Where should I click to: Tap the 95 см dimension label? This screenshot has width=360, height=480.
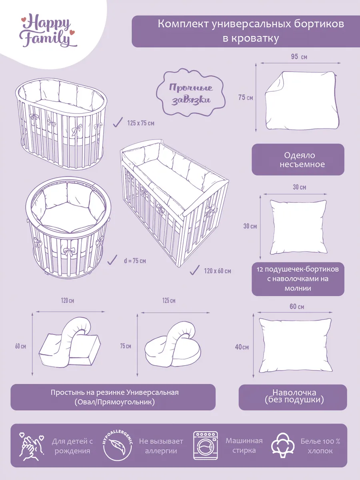pos(299,57)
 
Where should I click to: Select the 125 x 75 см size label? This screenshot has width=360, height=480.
pos(141,123)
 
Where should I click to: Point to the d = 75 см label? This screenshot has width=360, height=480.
pos(135,261)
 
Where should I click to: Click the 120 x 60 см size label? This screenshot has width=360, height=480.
pos(218,271)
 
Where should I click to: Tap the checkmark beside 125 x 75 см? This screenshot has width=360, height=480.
pos(118,122)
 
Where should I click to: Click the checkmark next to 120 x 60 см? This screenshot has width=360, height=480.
pos(194,270)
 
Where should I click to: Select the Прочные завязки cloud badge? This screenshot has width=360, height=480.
pos(191,92)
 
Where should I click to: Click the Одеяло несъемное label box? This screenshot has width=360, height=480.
pos(298,160)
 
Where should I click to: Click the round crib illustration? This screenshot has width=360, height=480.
pos(68,228)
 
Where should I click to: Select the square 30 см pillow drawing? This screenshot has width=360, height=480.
pos(298,227)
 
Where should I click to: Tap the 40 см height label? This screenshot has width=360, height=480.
pos(242,347)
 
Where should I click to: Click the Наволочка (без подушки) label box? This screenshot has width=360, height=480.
pos(293,397)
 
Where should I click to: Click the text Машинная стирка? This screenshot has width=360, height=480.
pos(244,446)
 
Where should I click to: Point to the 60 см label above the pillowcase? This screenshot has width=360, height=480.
pos(297,306)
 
